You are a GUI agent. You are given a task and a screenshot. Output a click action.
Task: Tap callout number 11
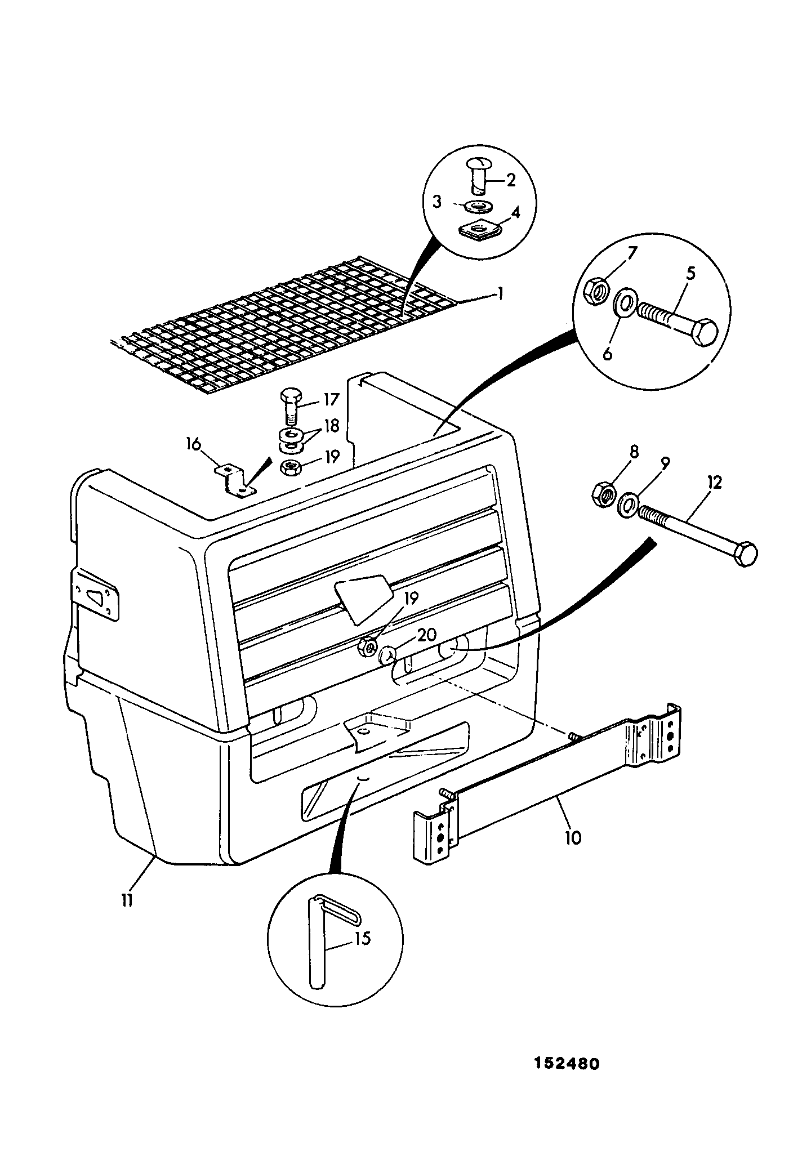(127, 900)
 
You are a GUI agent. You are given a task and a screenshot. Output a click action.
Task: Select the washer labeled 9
(628, 504)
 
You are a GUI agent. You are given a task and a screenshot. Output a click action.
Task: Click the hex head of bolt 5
(703, 333)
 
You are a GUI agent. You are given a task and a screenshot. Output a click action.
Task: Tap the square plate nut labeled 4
(478, 230)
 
